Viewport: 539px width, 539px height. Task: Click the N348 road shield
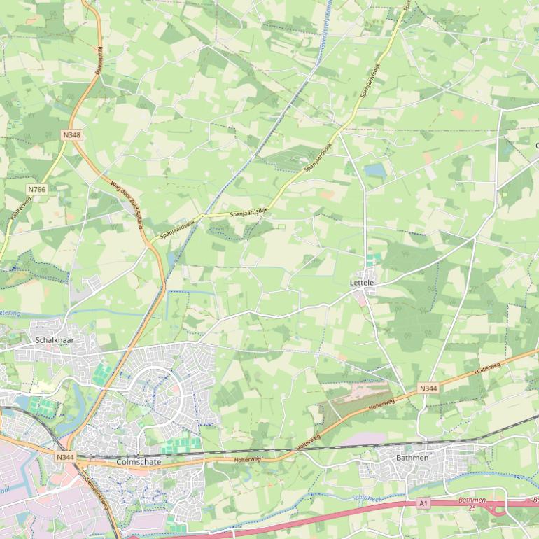[71, 134]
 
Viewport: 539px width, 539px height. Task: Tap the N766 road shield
[37, 190]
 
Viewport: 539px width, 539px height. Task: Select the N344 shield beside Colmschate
[66, 457]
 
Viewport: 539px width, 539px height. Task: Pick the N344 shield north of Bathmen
[428, 388]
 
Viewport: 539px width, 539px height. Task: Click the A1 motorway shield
[423, 503]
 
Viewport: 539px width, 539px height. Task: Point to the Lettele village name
[362, 283]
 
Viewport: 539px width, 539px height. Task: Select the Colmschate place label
[138, 462]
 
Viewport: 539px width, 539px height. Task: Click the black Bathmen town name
[412, 457]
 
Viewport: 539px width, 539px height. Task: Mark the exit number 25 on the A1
[472, 507]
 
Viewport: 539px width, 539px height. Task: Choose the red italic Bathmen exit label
[472, 500]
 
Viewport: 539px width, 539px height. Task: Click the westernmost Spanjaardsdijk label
[176, 227]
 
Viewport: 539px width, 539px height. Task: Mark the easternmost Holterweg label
[486, 367]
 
